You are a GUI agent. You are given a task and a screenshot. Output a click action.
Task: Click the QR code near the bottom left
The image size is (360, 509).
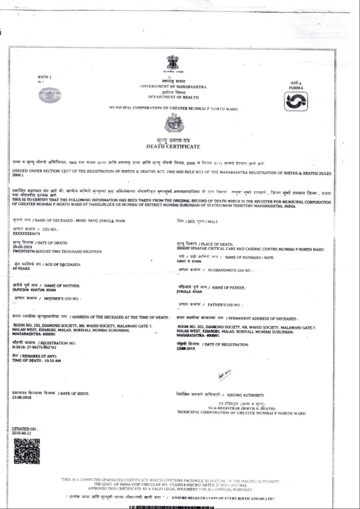point(26,451)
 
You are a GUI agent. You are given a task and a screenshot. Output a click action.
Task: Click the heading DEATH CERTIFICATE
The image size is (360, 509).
point(173,147)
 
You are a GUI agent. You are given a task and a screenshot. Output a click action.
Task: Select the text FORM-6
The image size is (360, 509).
point(297,87)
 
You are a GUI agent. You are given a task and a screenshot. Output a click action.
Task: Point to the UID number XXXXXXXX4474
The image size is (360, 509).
point(27,233)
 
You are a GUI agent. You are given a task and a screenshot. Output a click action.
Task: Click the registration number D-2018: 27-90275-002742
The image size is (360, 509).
point(34,348)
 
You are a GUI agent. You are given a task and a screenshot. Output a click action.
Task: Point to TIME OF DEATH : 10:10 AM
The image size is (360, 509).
point(37,360)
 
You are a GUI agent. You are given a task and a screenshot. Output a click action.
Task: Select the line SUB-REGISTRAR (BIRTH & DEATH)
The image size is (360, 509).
point(241,408)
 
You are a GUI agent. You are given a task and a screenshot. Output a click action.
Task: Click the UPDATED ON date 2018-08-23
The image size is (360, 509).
point(21,434)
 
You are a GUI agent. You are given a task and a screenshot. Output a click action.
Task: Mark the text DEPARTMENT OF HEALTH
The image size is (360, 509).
point(173,97)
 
